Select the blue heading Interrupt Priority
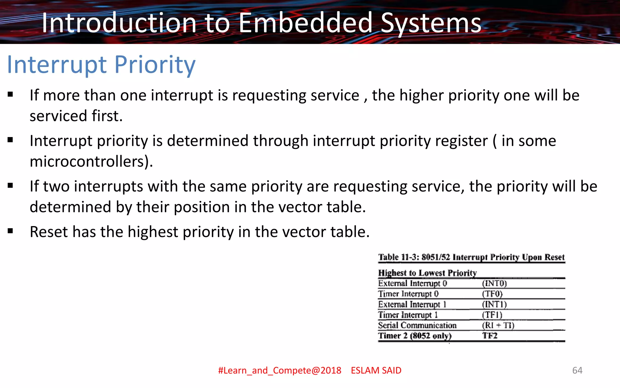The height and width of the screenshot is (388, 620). pyautogui.click(x=101, y=65)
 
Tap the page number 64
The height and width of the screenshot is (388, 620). pyautogui.click(x=577, y=370)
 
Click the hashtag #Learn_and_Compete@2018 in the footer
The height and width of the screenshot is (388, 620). pyautogui.click(x=279, y=370)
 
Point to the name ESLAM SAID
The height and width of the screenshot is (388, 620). pyautogui.click(x=376, y=370)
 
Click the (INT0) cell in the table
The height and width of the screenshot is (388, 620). pyautogui.click(x=494, y=283)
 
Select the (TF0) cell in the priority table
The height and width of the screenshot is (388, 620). pyautogui.click(x=492, y=294)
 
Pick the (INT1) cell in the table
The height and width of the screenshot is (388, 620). pyautogui.click(x=494, y=304)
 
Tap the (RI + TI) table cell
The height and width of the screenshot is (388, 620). pyautogui.click(x=498, y=325)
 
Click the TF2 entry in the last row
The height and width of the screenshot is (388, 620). pyautogui.click(x=490, y=336)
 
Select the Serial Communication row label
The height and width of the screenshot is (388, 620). pyautogui.click(x=417, y=325)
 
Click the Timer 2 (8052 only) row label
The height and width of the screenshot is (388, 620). pyautogui.click(x=415, y=336)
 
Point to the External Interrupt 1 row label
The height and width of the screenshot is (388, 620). pyautogui.click(x=412, y=304)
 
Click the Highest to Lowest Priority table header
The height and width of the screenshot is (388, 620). pyautogui.click(x=427, y=273)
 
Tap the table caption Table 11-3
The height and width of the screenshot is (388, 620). pyautogui.click(x=471, y=257)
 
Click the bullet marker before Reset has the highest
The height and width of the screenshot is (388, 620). pyautogui.click(x=11, y=231)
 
